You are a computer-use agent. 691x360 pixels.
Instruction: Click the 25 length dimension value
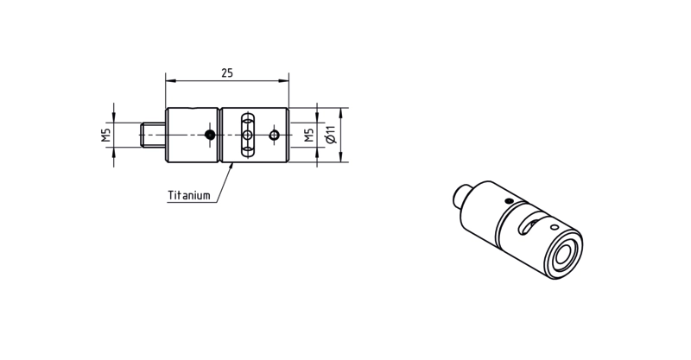point(227,73)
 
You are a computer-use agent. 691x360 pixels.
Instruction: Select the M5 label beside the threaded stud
point(105,136)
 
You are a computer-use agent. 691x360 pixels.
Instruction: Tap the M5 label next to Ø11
point(309,136)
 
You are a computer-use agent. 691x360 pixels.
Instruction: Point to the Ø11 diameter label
point(331,135)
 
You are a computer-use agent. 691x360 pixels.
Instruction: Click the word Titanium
point(189,195)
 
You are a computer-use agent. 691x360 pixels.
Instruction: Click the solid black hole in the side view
point(210,135)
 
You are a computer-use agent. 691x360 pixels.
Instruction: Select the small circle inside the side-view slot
point(248,135)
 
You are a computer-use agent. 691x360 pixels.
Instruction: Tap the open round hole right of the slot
point(274,135)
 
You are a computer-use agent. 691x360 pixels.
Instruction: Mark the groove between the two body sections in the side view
point(219,135)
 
